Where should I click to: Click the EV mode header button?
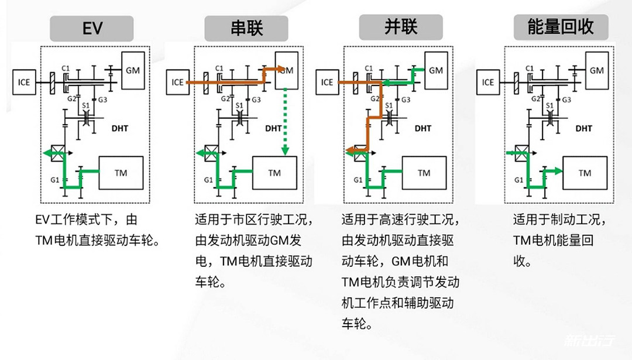92,28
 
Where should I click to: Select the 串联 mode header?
246,28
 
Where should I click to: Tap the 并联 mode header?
401,28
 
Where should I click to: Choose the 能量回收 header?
561,28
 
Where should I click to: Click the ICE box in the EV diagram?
23,83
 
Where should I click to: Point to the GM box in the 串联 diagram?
287,71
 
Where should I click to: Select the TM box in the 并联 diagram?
424,173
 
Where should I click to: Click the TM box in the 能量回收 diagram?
585,173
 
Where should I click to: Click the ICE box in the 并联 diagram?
327,83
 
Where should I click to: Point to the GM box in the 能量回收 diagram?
596,71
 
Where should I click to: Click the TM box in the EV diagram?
121,173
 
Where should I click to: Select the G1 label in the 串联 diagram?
208,180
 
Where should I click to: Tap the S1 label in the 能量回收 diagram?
549,106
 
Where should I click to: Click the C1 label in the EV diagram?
71,68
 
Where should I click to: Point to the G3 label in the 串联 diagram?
256,100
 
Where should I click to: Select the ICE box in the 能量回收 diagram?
488,83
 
